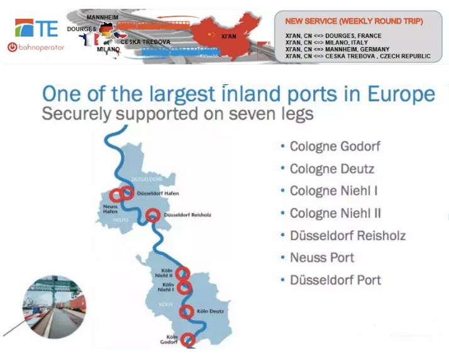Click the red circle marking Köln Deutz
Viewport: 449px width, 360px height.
[x=186, y=305]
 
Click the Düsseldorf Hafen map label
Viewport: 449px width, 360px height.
[x=158, y=194]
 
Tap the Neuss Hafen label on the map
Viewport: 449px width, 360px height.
[x=110, y=209]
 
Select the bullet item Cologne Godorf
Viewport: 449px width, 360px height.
[x=335, y=146]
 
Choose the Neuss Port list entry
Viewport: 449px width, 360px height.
[x=322, y=258]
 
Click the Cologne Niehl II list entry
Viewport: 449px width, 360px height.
[x=335, y=213]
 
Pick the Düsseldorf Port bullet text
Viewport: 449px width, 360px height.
[x=335, y=280]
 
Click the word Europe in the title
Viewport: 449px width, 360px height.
[x=401, y=94]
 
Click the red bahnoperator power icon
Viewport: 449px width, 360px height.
[x=13, y=47]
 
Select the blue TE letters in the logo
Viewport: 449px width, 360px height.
[x=47, y=28]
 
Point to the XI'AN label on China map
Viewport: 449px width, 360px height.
[x=228, y=36]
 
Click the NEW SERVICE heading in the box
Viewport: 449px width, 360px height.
[x=354, y=21]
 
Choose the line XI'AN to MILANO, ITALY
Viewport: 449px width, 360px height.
[x=326, y=43]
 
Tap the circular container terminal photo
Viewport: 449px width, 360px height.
[x=55, y=307]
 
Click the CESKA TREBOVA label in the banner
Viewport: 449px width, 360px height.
[x=145, y=42]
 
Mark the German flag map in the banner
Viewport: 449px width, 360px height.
[x=106, y=30]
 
